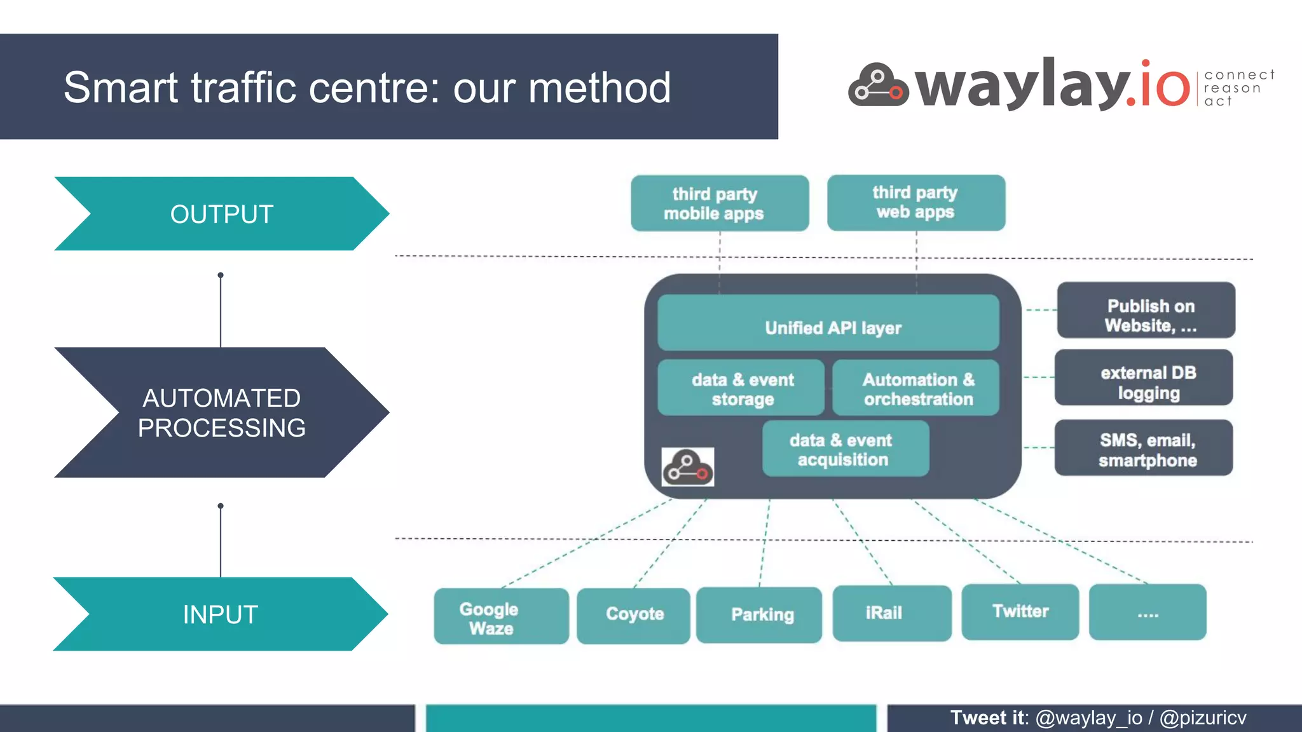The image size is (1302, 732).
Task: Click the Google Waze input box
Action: coord(501,616)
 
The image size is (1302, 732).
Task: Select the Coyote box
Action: coord(633,615)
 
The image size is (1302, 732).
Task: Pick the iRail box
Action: coord(891,613)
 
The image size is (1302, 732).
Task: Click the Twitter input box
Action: coord(1020,612)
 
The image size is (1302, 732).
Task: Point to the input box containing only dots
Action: coord(1147,613)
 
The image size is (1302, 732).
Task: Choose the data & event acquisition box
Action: coord(845,449)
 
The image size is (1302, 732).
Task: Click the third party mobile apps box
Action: coord(719,203)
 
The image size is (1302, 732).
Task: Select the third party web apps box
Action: coord(915,203)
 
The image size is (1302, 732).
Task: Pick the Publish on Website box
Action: coord(1146,310)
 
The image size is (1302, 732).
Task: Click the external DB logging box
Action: coord(1143,377)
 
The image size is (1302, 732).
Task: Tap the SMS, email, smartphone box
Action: coord(1143,448)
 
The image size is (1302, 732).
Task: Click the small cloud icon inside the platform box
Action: coord(687,468)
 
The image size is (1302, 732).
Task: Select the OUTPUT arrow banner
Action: coord(221,214)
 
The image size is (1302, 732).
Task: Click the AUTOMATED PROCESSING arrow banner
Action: coord(221,413)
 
